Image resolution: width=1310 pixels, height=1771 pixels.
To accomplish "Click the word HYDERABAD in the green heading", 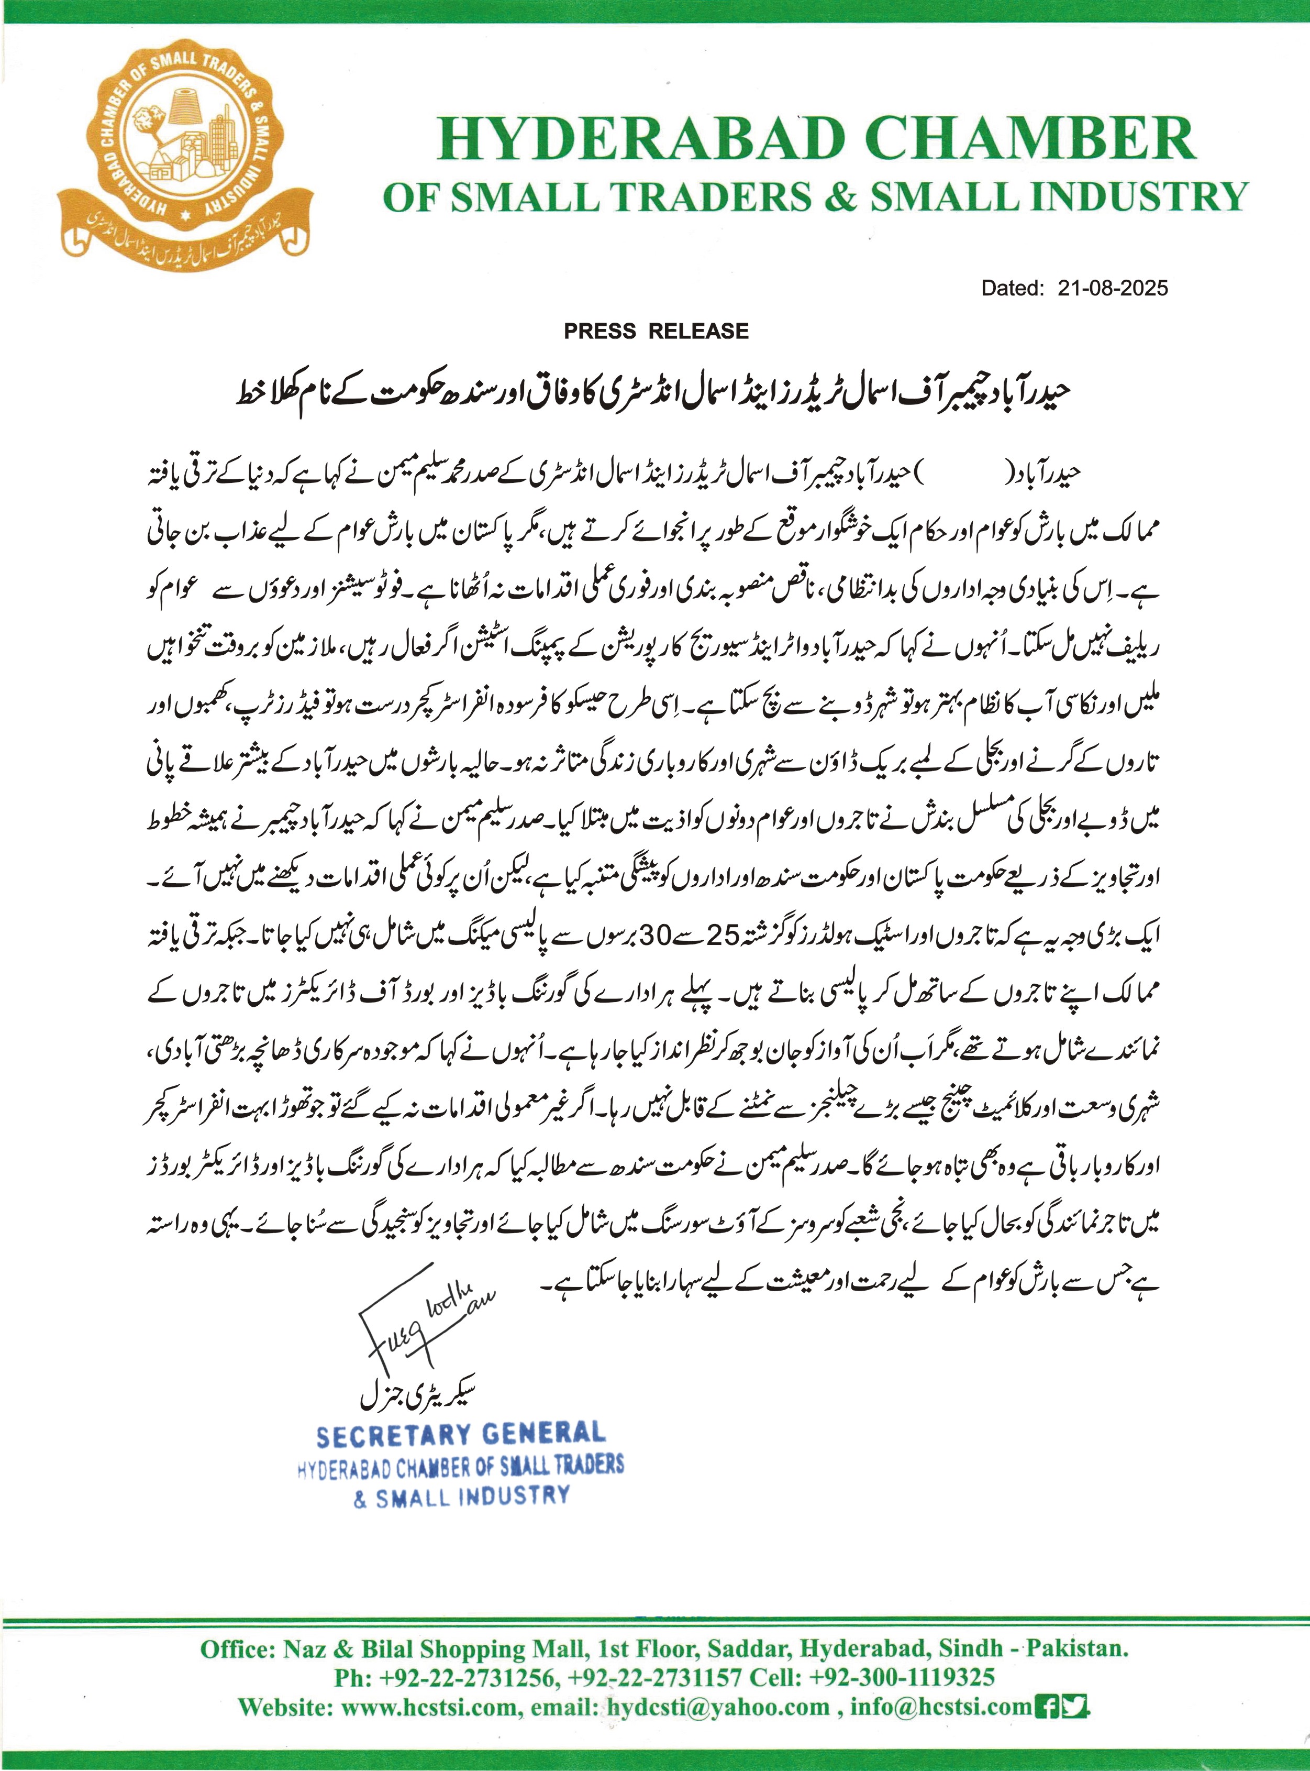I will (639, 139).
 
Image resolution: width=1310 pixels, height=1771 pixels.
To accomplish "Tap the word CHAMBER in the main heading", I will (1031, 139).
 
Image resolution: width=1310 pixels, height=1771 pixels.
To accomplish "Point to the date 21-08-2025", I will (1112, 288).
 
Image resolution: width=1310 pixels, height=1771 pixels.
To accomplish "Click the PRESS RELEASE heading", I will (656, 332).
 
